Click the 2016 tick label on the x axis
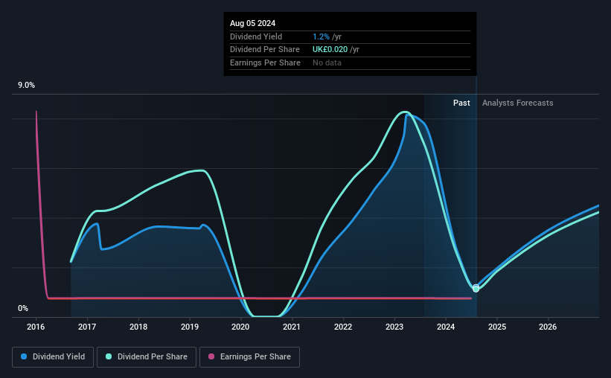pos(36,327)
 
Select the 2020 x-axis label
pos(240,327)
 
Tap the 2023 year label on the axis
pos(394,327)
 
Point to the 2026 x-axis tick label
pos(548,327)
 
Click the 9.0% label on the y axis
pos(26,86)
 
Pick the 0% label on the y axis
pos(23,309)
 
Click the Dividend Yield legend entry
pos(54,357)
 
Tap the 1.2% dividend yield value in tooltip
pos(322,36)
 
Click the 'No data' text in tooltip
pos(327,63)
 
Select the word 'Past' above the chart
pos(461,103)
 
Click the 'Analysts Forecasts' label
pos(517,103)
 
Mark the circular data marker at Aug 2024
pos(476,288)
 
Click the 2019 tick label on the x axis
pos(190,327)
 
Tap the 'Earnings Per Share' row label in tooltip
pos(265,63)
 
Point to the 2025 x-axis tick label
pos(497,327)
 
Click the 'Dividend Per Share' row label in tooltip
pos(265,50)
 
